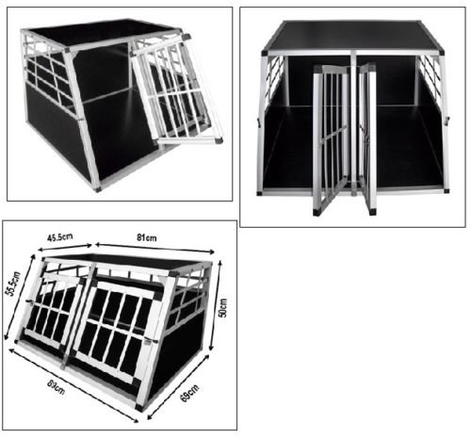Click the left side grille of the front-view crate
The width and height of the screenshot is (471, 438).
point(275,74)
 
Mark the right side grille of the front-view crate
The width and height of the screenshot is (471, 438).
point(429,74)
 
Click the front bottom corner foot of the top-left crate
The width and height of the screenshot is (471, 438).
point(98,187)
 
